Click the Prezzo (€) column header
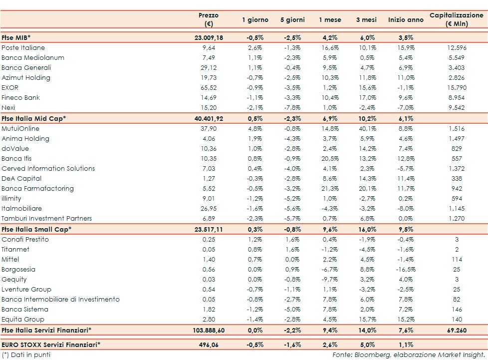(208, 19)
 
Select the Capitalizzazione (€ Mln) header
(456, 19)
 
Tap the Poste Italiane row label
(23, 48)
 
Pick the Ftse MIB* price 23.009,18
(212, 37)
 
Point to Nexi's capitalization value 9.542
(456, 108)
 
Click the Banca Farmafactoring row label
(37, 189)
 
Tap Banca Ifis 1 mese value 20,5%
(330, 159)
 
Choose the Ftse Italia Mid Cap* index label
(34, 118)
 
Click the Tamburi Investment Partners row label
(47, 219)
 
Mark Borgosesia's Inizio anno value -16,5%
(405, 270)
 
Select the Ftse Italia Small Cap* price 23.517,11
(212, 229)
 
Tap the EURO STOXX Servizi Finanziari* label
(51, 345)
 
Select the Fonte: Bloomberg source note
(408, 355)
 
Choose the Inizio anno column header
(406, 20)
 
